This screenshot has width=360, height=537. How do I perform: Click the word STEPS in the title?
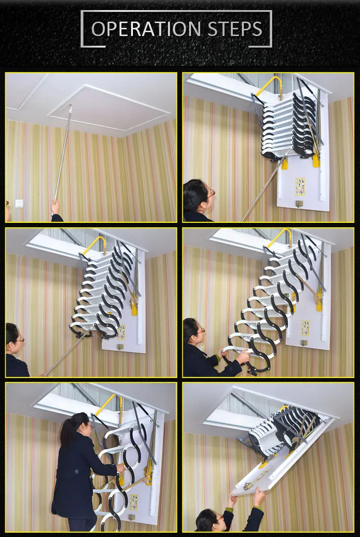coord(235,29)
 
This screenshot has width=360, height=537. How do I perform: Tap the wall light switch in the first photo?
coord(19,203)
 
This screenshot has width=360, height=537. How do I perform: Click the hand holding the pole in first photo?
coord(56,207)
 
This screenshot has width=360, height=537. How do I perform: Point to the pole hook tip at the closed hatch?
coord(70,107)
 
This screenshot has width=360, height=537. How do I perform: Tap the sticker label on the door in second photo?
coord(300,186)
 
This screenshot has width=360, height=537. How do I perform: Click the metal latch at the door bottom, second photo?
coord(300,204)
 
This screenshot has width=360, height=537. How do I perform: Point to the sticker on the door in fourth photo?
coord(305,327)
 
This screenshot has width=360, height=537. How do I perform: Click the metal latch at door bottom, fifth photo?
coord(132,518)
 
